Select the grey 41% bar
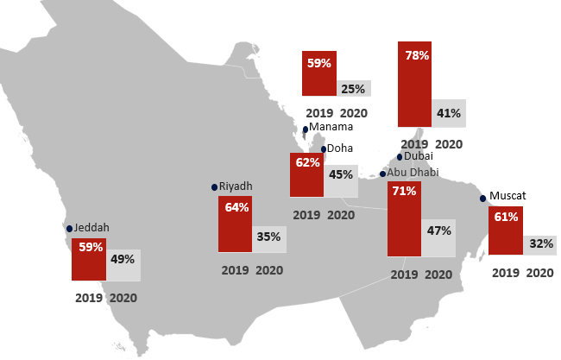448,113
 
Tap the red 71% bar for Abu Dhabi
405,219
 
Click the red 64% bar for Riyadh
236,224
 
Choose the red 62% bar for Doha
306,174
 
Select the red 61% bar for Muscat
506,231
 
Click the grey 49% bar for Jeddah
123,264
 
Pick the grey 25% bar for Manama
353,88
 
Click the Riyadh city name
236,186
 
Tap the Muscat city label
507,196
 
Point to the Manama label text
331,127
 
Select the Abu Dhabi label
413,173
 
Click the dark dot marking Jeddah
70,229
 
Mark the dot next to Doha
323,149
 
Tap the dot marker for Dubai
399,157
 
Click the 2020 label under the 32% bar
539,273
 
